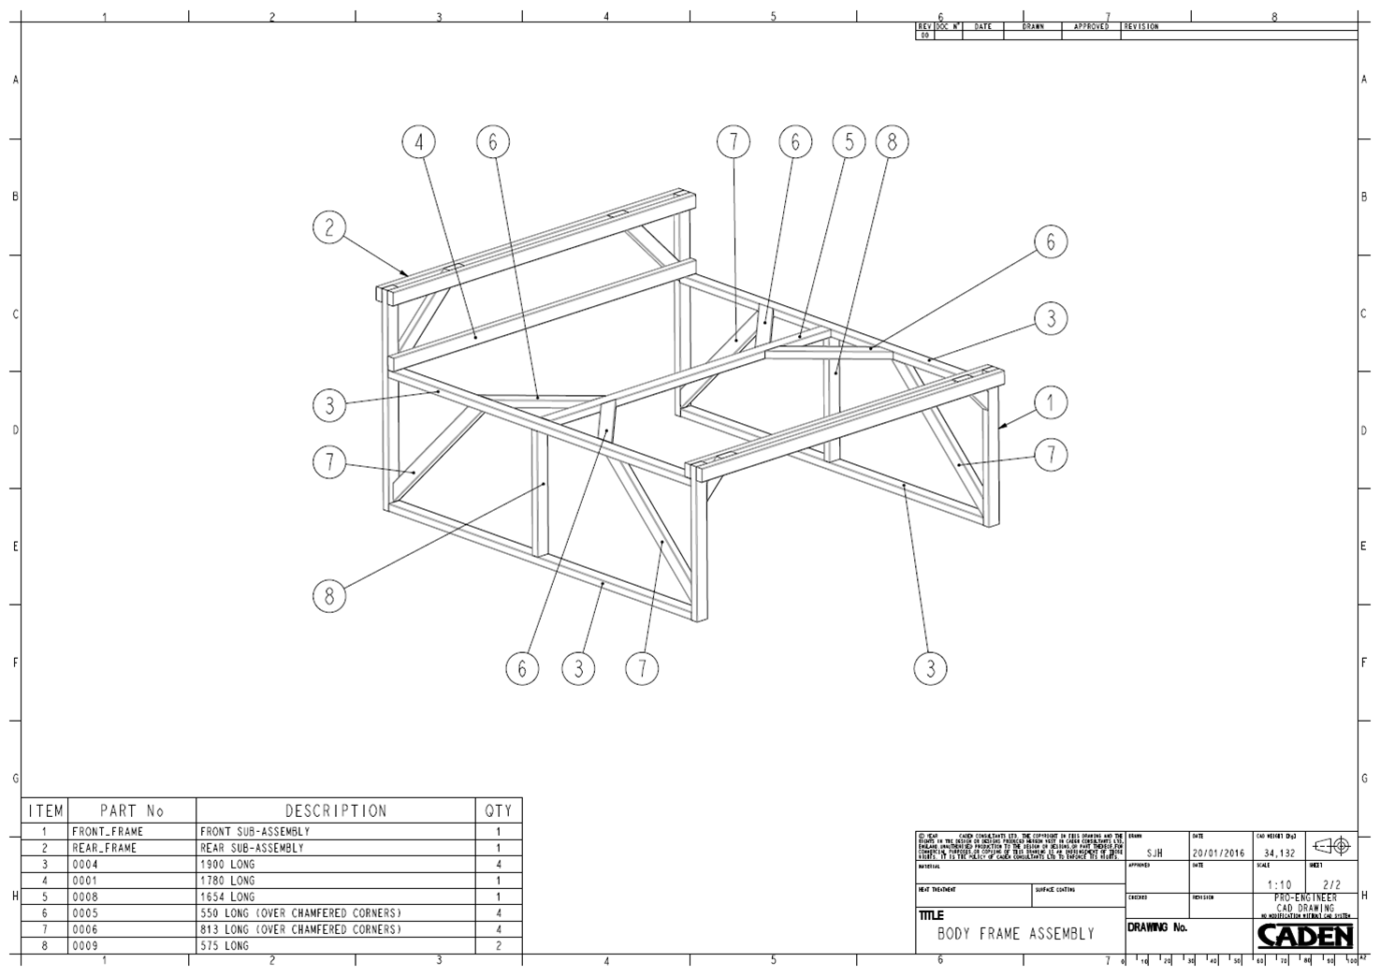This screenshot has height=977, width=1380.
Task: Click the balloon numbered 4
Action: tap(419, 142)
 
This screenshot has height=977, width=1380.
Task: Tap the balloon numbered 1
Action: tap(1051, 403)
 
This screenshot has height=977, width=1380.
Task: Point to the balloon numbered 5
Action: tap(850, 142)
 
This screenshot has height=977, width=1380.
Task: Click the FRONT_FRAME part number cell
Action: tap(109, 831)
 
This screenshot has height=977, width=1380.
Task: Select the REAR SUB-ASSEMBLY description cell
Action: tap(253, 848)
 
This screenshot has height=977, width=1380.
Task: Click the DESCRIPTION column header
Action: tap(335, 811)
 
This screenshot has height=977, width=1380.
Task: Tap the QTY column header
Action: tap(499, 811)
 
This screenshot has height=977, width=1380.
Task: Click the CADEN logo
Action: tap(1304, 936)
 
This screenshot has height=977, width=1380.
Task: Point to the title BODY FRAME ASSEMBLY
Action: tap(1015, 934)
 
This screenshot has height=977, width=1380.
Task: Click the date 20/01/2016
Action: tap(1220, 853)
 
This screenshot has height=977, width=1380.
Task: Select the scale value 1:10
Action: tap(1278, 884)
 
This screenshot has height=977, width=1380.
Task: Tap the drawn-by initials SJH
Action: tap(1155, 853)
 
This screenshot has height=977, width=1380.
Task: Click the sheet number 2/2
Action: tap(1331, 884)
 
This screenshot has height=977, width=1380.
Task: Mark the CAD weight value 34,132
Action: tap(1278, 853)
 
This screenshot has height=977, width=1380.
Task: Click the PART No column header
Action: tap(132, 811)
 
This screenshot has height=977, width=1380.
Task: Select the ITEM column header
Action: tap(45, 811)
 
